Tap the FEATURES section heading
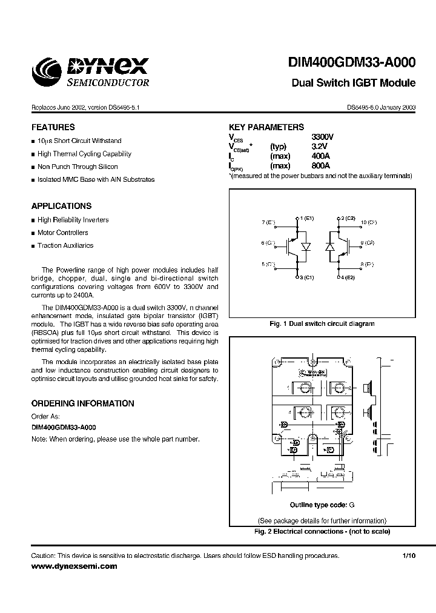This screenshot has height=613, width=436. click(x=53, y=127)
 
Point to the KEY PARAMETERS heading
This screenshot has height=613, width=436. click(x=266, y=127)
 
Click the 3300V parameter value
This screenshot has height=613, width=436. click(x=322, y=137)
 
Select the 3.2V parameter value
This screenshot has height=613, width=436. click(x=319, y=146)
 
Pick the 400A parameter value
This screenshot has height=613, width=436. click(x=320, y=156)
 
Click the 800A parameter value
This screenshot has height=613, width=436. click(x=320, y=165)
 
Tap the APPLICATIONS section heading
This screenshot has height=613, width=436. click(x=62, y=206)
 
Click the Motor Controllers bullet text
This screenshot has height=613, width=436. click(x=62, y=233)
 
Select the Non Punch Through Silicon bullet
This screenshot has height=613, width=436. click(x=78, y=167)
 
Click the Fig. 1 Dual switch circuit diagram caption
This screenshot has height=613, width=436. click(x=322, y=323)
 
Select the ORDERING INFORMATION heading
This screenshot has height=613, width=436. click(x=83, y=403)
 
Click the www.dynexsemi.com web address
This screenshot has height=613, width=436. click(x=74, y=566)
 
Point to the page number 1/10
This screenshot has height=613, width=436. click(x=409, y=555)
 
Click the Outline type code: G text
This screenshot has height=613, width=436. click(x=322, y=505)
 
